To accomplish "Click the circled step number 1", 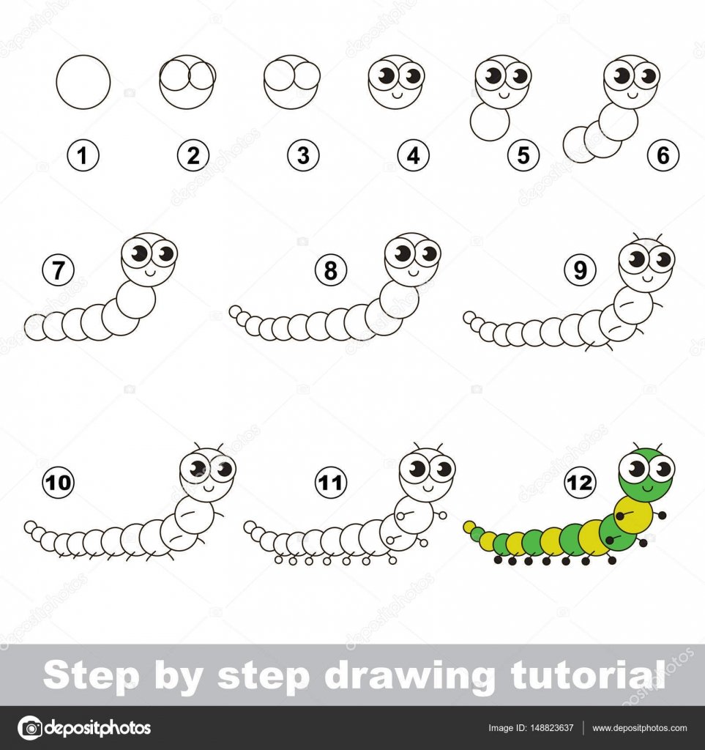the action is point(83,155).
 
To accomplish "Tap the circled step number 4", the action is point(414,155).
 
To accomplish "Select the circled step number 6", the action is point(663,155).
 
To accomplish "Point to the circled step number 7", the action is point(59,270).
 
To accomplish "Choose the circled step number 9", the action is point(580,270).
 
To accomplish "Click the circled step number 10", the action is point(59,482).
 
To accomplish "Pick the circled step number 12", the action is point(580,482).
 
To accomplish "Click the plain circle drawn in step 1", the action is point(83,82).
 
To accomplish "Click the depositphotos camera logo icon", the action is point(30,728).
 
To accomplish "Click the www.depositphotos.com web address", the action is point(640,728).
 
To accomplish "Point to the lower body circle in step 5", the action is point(490,122).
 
